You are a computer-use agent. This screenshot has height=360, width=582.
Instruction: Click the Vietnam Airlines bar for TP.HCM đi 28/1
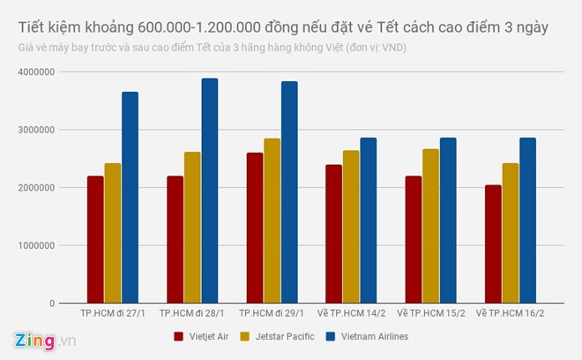209,191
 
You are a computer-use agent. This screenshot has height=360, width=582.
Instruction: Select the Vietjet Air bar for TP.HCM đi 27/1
95,239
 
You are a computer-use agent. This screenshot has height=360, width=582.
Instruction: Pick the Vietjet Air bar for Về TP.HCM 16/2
492,244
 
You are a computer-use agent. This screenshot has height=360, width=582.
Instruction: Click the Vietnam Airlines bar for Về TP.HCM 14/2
368,220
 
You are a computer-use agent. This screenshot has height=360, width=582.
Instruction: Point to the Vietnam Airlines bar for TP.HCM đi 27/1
130,198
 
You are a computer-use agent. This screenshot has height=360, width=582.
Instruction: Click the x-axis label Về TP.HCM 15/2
429,314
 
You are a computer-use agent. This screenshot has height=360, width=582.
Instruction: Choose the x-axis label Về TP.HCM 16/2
509,314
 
